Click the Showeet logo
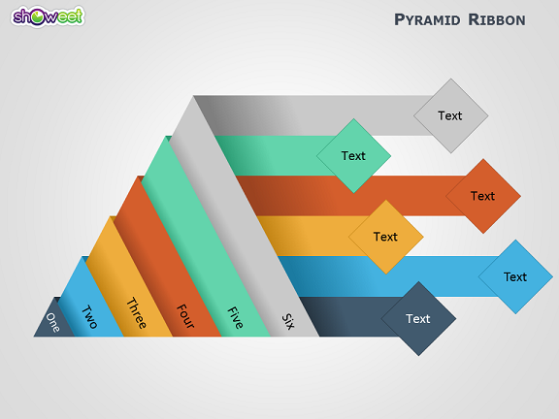(x=48, y=16)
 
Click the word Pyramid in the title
(x=427, y=19)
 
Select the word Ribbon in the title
(x=497, y=19)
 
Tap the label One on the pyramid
(x=52, y=322)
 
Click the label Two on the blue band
(x=89, y=317)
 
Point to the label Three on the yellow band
(x=137, y=313)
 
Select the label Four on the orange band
(x=185, y=316)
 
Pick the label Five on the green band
(x=235, y=317)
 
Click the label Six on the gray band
(x=288, y=321)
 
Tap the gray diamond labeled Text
(x=450, y=115)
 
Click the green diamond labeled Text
(x=353, y=156)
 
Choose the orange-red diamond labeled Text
(x=483, y=196)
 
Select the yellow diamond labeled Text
(x=385, y=237)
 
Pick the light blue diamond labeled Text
(x=515, y=276)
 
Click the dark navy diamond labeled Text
(x=418, y=318)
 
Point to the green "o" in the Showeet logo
(x=37, y=17)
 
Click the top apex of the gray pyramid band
(x=193, y=95)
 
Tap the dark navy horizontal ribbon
(x=349, y=316)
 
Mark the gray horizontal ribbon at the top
(x=313, y=115)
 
